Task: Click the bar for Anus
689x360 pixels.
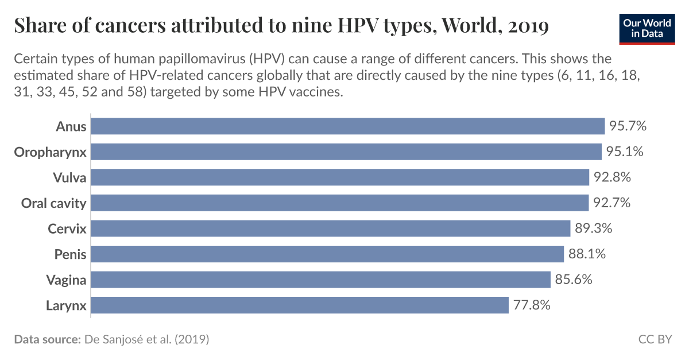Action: click(x=347, y=126)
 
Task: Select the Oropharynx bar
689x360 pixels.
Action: click(x=346, y=152)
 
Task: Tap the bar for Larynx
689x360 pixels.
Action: click(x=299, y=305)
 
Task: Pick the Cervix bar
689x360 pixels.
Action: click(x=330, y=229)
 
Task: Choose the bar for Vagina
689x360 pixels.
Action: click(x=320, y=280)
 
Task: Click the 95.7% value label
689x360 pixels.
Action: click(x=628, y=126)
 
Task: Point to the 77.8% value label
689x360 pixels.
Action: click(x=532, y=305)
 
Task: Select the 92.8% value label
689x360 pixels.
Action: click(x=612, y=177)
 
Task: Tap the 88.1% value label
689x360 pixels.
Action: click(x=587, y=254)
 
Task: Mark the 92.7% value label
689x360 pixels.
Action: click(x=611, y=203)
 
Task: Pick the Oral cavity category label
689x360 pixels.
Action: click(x=53, y=203)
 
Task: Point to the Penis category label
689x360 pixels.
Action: click(x=70, y=254)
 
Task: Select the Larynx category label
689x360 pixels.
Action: click(x=66, y=305)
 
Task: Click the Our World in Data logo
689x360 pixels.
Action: click(x=646, y=28)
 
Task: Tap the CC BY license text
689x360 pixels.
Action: click(x=655, y=339)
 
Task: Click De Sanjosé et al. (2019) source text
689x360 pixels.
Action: click(x=146, y=339)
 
